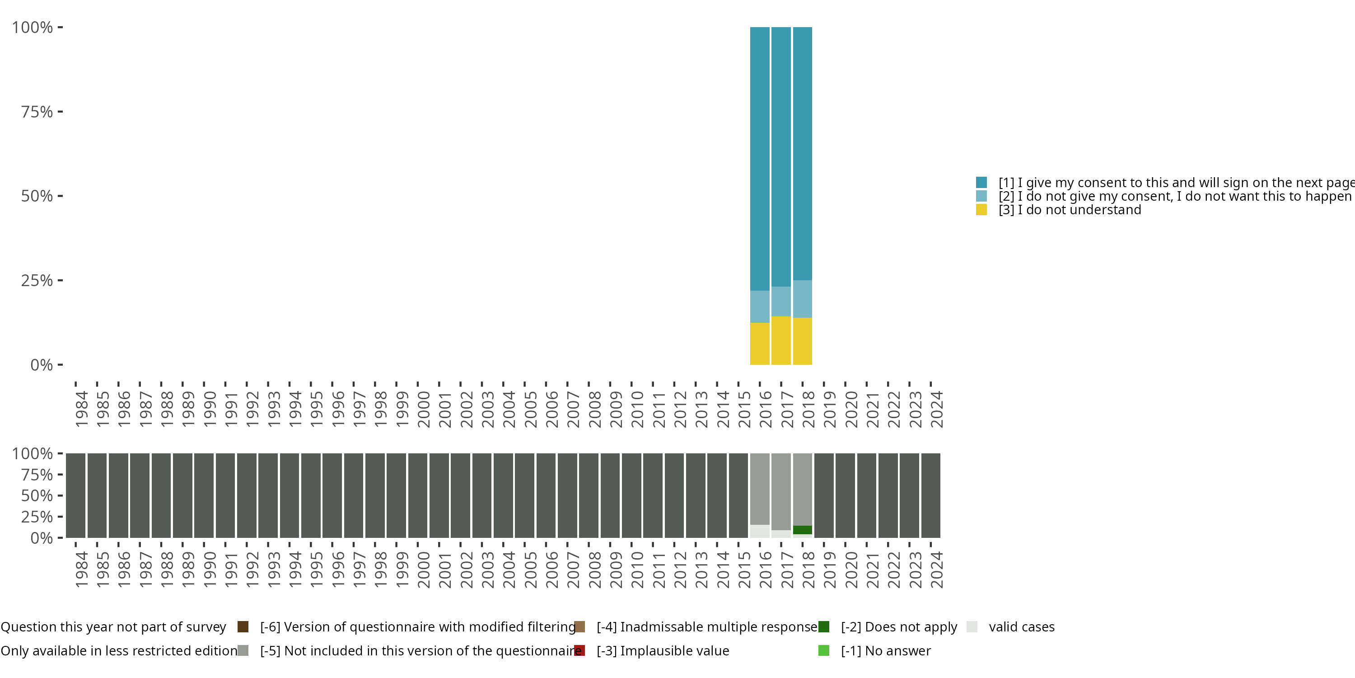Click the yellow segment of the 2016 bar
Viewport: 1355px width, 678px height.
[760, 343]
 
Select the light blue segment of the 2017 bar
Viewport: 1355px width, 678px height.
[781, 301]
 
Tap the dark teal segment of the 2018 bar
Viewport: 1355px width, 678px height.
[802, 153]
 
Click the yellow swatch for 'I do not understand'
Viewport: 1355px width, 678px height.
[981, 210]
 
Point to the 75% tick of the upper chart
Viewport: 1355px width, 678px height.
[60, 112]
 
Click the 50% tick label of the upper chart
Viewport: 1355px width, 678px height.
[37, 196]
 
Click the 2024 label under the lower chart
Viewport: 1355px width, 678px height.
[936, 570]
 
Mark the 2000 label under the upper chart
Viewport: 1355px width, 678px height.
[424, 409]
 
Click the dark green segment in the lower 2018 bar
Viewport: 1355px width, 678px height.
[802, 530]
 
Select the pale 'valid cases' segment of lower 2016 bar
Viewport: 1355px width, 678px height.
[760, 531]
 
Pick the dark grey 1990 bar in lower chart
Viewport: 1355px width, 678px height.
[204, 495]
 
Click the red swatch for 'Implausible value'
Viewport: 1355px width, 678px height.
[579, 650]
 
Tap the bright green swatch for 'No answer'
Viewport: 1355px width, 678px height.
[824, 650]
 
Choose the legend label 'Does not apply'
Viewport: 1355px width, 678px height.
[899, 627]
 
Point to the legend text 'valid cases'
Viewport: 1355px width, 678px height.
[1022, 627]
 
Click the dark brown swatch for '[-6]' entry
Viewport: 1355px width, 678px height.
[243, 627]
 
